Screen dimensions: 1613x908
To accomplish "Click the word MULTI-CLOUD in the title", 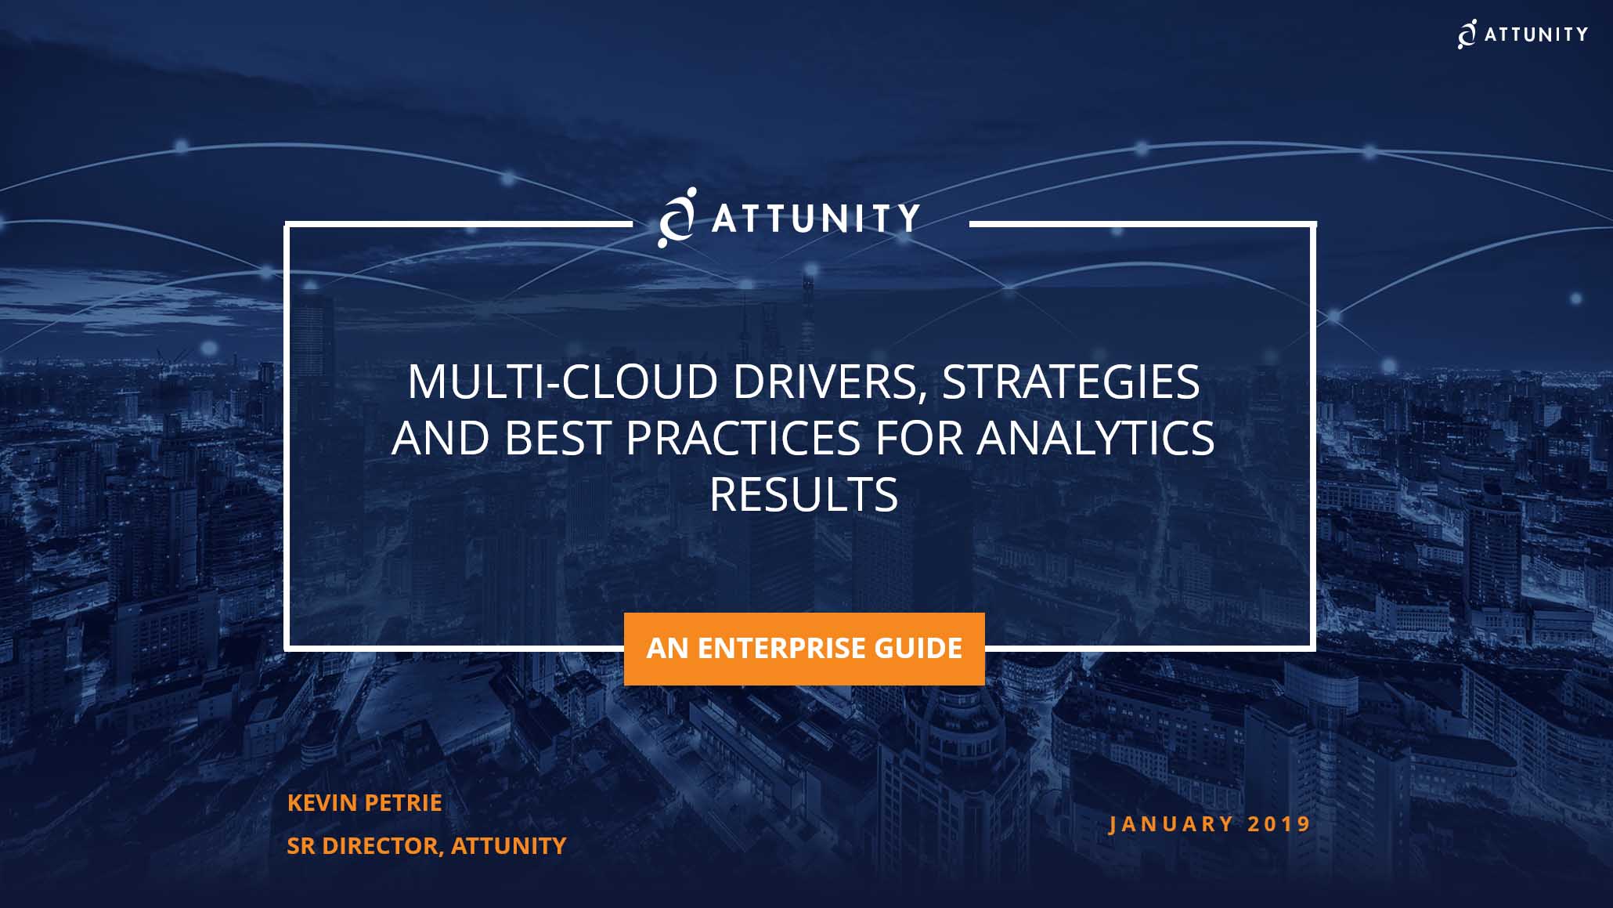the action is pyautogui.click(x=562, y=382).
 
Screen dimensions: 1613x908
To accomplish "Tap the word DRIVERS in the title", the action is pyautogui.click(x=829, y=383).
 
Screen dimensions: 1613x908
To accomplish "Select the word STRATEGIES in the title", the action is pyautogui.click(x=1070, y=382).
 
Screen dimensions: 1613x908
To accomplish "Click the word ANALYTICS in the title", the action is pyautogui.click(x=1095, y=438).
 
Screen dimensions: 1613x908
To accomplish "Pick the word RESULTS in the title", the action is pyautogui.click(x=803, y=494).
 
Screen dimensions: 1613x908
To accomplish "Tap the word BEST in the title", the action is pyautogui.click(x=557, y=438).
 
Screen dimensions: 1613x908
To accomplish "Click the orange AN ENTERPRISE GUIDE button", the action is pyautogui.click(x=804, y=649).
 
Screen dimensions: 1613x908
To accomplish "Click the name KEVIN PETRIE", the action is pyautogui.click(x=364, y=802).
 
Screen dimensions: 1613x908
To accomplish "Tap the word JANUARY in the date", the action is pyautogui.click(x=1171, y=824).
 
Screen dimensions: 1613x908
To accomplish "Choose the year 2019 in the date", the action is pyautogui.click(x=1279, y=824).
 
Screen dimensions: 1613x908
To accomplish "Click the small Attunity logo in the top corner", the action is pyautogui.click(x=1522, y=34).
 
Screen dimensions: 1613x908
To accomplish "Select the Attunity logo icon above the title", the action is pyautogui.click(x=677, y=217).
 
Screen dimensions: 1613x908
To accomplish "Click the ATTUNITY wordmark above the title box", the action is pyautogui.click(x=815, y=219).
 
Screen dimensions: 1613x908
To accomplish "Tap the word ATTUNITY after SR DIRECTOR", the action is pyautogui.click(x=508, y=846).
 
